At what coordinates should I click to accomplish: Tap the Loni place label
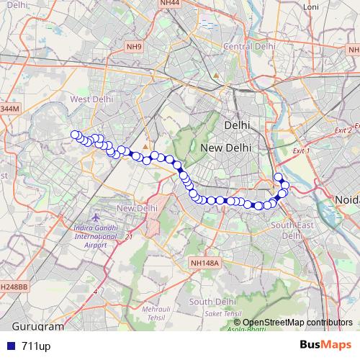click(311, 7)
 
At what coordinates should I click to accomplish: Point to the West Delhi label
click(90, 99)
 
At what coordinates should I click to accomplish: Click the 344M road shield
click(9, 108)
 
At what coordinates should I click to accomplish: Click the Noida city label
click(346, 199)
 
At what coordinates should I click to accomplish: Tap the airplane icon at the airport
click(97, 217)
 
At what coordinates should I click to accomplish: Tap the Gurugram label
click(34, 326)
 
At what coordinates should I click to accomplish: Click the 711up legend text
click(36, 346)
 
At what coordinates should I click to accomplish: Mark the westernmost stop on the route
click(75, 134)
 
